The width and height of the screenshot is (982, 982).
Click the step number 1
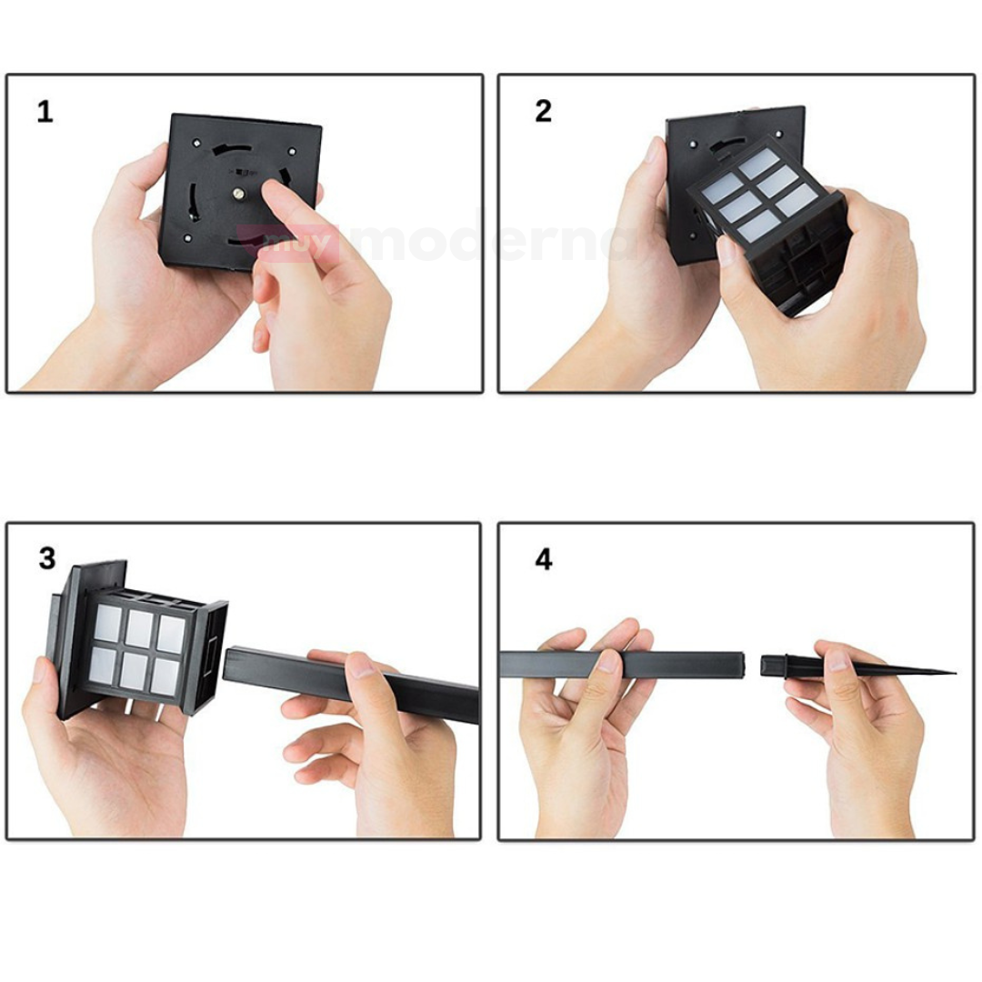pyautogui.click(x=45, y=113)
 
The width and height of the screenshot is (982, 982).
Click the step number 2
pyautogui.click(x=544, y=112)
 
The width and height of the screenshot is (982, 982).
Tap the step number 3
pyautogui.click(x=47, y=558)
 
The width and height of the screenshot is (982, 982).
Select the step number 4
pyautogui.click(x=544, y=559)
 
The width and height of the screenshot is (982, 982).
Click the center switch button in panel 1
pyautogui.click(x=238, y=194)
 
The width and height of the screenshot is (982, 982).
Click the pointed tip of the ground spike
pyautogui.click(x=955, y=673)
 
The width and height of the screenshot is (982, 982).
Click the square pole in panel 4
pyautogui.click(x=623, y=664)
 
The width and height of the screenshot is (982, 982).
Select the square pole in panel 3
pyautogui.click(x=351, y=683)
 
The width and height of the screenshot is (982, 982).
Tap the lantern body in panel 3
pyautogui.click(x=138, y=639)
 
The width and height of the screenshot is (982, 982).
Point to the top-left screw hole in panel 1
pyautogui.click(x=196, y=143)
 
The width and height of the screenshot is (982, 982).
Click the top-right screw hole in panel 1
pyautogui.click(x=292, y=150)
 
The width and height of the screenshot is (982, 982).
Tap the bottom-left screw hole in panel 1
pyautogui.click(x=187, y=238)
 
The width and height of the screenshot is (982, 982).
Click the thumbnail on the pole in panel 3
pyautogui.click(x=361, y=666)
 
